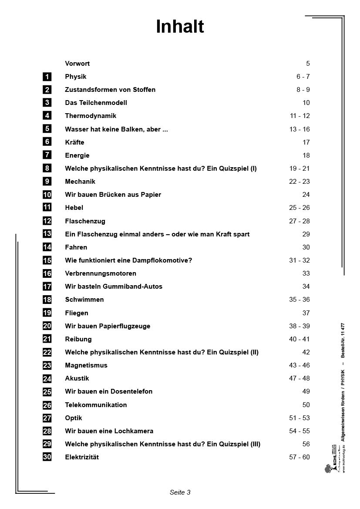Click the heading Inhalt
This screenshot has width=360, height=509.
tap(180, 27)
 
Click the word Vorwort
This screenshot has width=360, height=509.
tap(77, 64)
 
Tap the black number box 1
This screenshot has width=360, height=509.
tap(47, 77)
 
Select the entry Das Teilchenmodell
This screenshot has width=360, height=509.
tap(96, 103)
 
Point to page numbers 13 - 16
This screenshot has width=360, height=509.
tap(299, 129)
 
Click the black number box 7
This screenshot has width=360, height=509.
tap(47, 155)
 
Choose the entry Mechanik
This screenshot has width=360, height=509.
tap(80, 182)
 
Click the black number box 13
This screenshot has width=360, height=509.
tap(47, 234)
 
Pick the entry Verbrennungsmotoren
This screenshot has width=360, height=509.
tap(101, 273)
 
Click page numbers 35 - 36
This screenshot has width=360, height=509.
tap(299, 300)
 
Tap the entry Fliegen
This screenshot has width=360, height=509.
tap(77, 313)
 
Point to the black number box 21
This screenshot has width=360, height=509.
tap(47, 339)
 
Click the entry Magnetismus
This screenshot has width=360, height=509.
tap(86, 365)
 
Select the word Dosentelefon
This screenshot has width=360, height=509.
tap(131, 391)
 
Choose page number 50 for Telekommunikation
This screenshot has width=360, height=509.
tap(306, 405)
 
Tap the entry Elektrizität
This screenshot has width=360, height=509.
tap(82, 457)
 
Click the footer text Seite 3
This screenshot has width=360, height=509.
tap(180, 492)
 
